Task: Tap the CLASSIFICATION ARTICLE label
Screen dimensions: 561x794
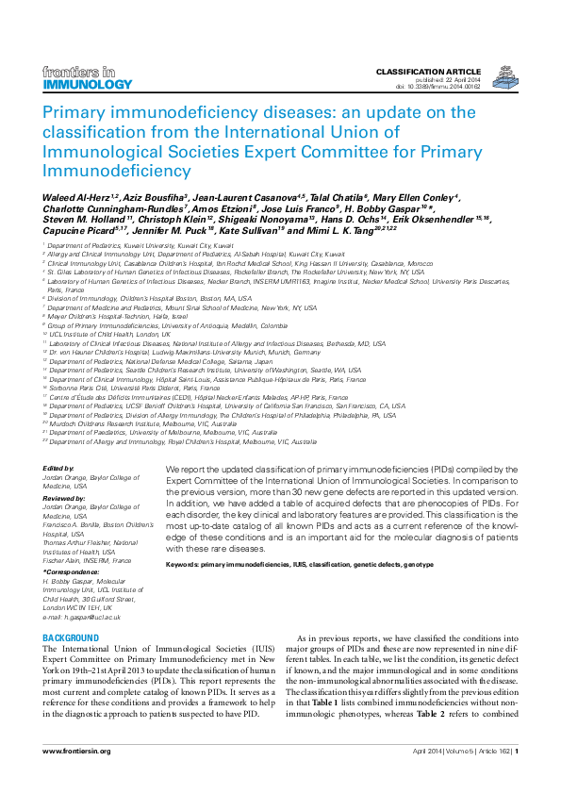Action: (x=428, y=72)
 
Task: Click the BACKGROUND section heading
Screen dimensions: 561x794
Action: (x=71, y=638)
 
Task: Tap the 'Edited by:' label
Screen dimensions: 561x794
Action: (x=58, y=469)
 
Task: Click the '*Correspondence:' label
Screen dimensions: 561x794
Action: (x=70, y=572)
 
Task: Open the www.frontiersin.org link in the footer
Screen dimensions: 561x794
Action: (x=76, y=751)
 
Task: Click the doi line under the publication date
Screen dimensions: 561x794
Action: (x=437, y=86)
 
